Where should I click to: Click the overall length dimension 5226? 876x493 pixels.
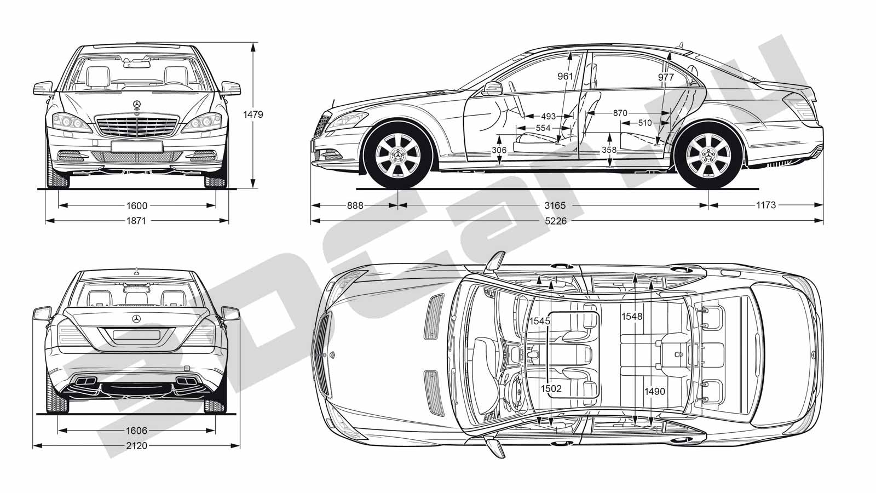(x=555, y=221)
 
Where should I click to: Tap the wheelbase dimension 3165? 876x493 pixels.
(x=555, y=205)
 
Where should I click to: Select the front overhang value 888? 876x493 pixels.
(x=355, y=205)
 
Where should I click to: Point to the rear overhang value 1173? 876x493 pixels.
(x=766, y=205)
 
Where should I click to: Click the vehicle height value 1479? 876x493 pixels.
(x=253, y=114)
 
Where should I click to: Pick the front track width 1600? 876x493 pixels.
(x=137, y=206)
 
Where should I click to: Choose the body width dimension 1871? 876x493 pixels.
(x=136, y=221)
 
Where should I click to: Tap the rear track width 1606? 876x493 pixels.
(x=136, y=431)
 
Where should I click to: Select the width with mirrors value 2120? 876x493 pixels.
(x=136, y=446)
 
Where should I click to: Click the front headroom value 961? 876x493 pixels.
(x=565, y=76)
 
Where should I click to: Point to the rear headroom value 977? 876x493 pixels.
(x=666, y=77)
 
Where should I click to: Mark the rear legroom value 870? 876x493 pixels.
(x=620, y=113)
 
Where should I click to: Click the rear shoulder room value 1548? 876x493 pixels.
(x=632, y=316)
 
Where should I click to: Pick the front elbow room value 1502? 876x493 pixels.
(x=551, y=388)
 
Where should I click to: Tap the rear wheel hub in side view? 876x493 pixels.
(x=708, y=156)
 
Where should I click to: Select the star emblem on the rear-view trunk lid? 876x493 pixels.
(x=136, y=319)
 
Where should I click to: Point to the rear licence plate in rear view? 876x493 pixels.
(x=136, y=335)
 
